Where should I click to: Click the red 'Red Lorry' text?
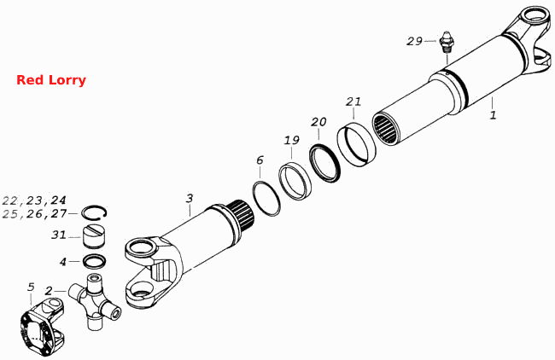click(x=51, y=80)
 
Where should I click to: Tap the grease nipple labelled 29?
click(x=447, y=42)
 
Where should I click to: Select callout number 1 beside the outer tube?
click(x=493, y=115)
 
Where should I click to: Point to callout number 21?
click(x=353, y=102)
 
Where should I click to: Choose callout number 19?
click(x=292, y=141)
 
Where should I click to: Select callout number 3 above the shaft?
click(x=190, y=199)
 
